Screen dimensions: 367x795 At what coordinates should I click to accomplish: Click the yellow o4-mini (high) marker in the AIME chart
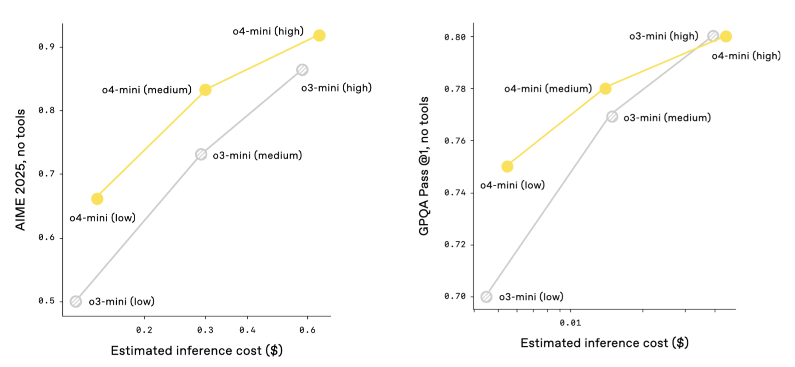point(319,35)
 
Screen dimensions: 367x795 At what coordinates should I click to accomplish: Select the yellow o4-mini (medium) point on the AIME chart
point(205,90)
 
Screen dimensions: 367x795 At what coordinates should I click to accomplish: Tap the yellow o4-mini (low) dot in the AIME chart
point(97,199)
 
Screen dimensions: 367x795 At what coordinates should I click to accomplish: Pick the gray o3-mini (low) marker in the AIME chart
point(76,301)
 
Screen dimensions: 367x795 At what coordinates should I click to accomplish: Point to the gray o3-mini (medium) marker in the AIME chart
point(201,154)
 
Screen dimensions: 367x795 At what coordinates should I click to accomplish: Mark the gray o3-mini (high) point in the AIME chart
point(302,70)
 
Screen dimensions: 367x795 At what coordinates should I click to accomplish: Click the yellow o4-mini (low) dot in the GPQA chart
point(507,166)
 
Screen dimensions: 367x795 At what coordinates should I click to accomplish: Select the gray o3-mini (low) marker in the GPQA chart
point(486,297)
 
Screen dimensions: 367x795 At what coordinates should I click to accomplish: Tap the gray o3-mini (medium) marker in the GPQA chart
point(612,117)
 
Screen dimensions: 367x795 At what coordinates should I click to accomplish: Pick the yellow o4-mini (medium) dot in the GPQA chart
point(606,88)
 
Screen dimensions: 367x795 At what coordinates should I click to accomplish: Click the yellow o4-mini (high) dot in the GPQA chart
point(726,36)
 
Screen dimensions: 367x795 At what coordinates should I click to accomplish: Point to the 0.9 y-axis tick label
point(46,47)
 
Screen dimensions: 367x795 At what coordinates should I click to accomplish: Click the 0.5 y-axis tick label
point(46,301)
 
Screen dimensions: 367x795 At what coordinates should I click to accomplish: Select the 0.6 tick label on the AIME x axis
point(307,330)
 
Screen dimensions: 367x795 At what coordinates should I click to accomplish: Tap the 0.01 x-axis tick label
point(570,323)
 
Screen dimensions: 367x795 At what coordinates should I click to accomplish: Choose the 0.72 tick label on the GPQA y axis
point(455,244)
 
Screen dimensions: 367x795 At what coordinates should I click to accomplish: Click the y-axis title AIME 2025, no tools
point(20,169)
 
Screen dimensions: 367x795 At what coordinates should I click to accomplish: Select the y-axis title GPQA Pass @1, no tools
point(424,166)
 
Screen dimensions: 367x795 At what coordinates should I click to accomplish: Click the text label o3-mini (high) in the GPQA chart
point(664,36)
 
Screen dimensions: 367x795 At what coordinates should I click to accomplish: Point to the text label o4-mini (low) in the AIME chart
point(102,218)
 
